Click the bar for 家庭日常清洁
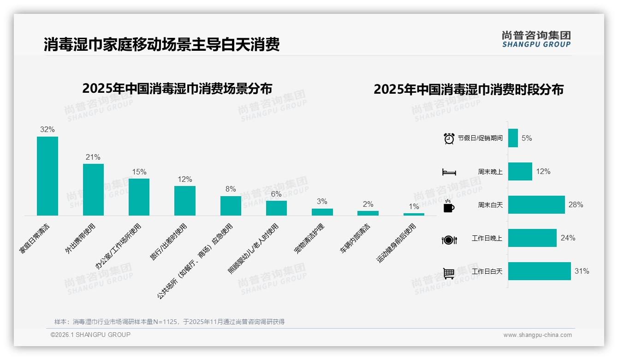(x=48, y=176)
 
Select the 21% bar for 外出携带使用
(x=93, y=189)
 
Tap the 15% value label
(x=139, y=172)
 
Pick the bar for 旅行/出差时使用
(x=185, y=200)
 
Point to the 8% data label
(x=231, y=189)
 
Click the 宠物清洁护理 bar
(x=322, y=212)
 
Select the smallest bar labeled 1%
(x=414, y=214)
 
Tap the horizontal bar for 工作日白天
(x=539, y=271)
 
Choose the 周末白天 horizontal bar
(x=536, y=204)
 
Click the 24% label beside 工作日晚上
(x=568, y=238)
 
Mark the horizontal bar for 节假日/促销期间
(x=513, y=138)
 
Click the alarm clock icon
(x=449, y=138)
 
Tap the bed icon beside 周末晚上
(x=449, y=172)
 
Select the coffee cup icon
(x=449, y=206)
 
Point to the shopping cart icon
(x=449, y=273)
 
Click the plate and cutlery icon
(x=449, y=240)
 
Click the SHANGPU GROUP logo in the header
(x=536, y=39)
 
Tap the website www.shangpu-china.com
(x=537, y=335)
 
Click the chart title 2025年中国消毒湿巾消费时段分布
(x=468, y=90)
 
